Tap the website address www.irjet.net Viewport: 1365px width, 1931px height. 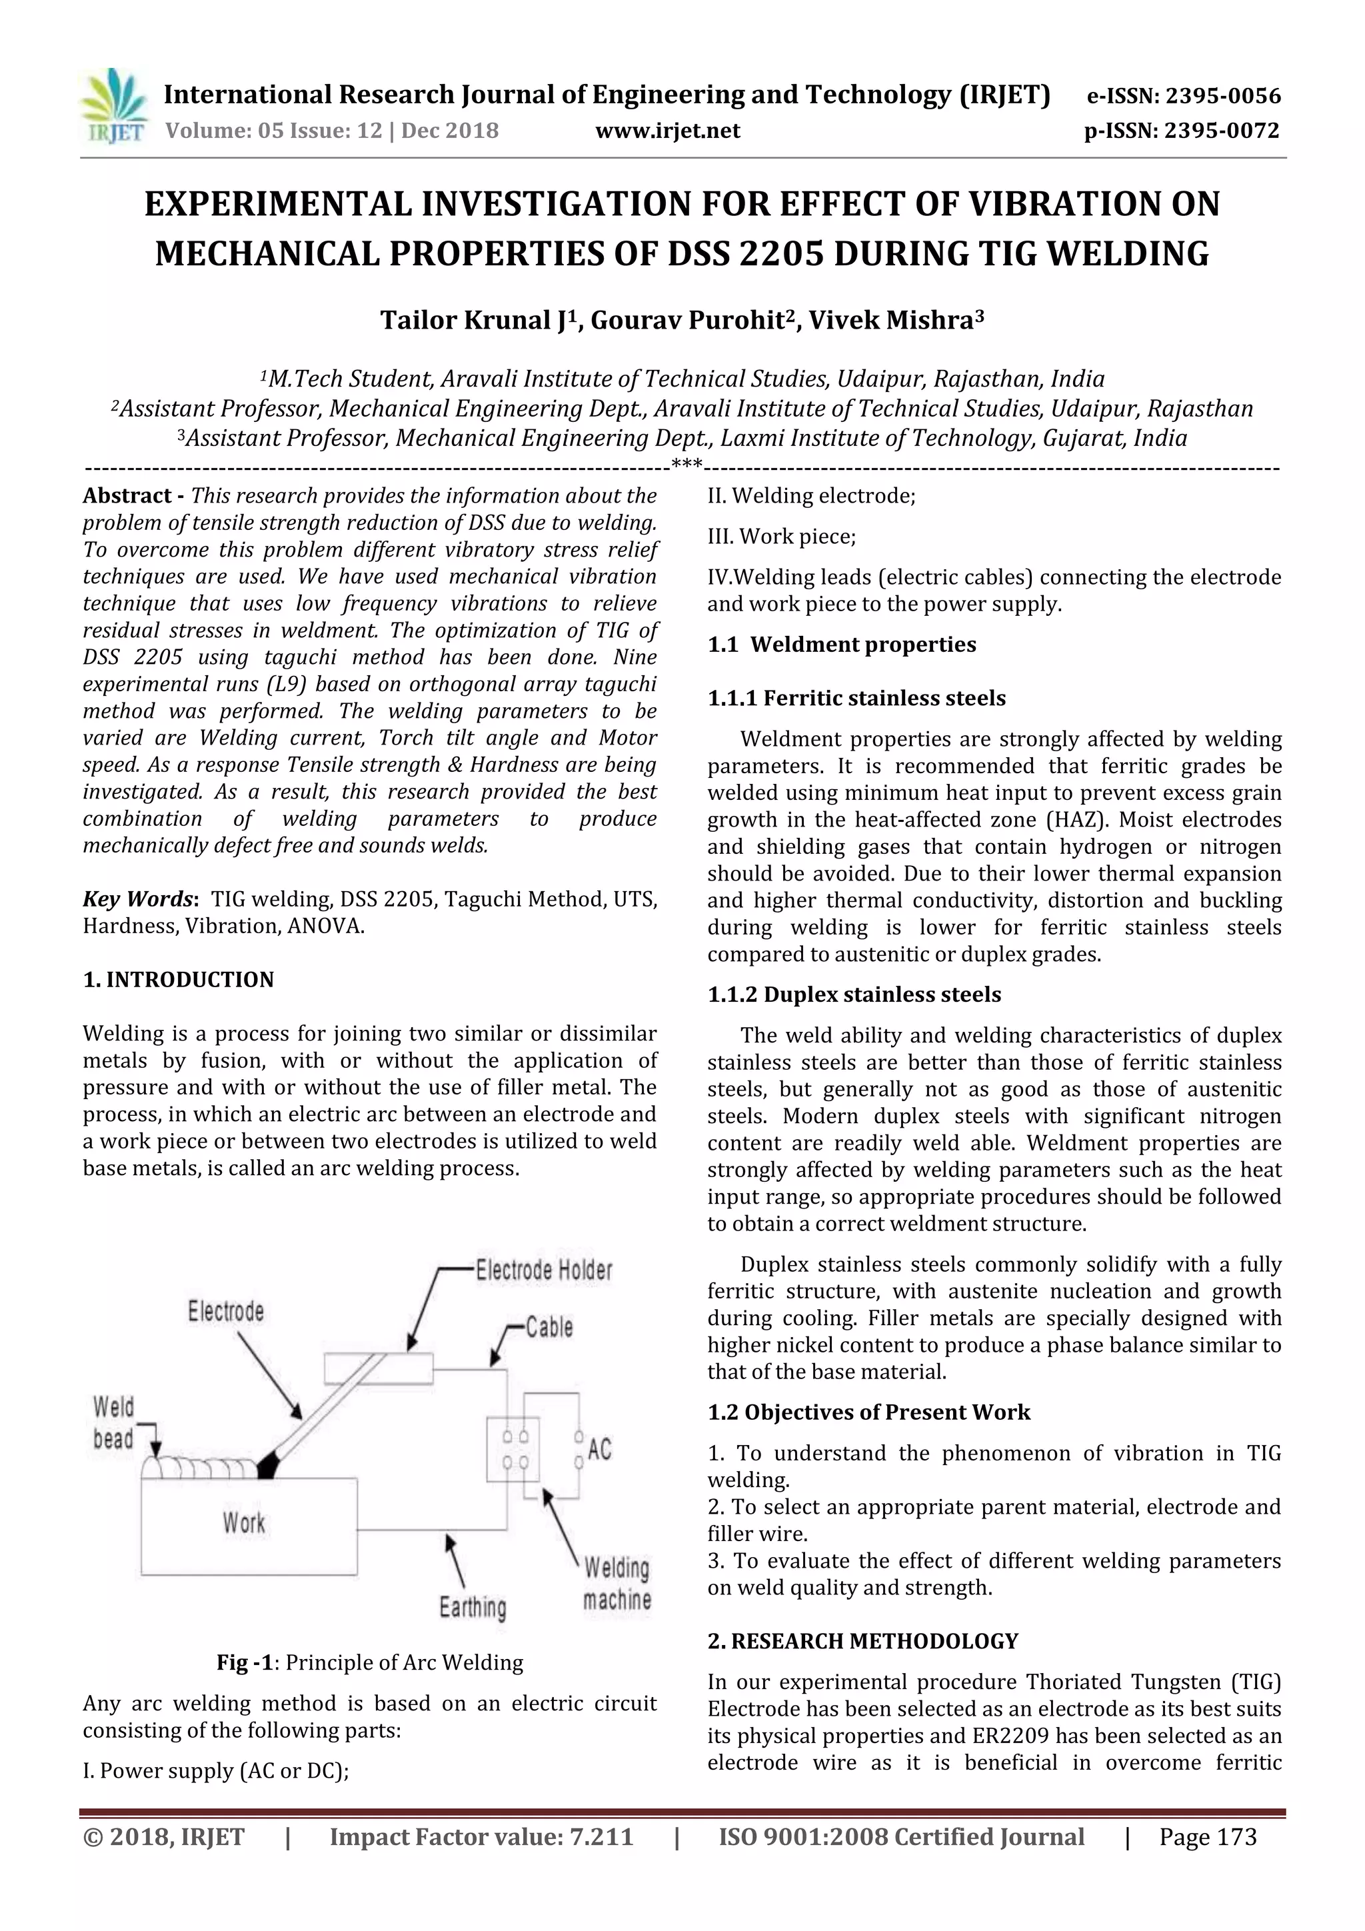667,131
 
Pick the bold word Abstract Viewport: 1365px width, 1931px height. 126,495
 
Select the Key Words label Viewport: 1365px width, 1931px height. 139,899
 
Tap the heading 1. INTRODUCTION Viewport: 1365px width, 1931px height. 179,980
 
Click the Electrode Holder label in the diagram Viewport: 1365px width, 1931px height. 543,1270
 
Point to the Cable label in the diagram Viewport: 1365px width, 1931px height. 549,1327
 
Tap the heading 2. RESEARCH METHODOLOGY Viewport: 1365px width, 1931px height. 862,1641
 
